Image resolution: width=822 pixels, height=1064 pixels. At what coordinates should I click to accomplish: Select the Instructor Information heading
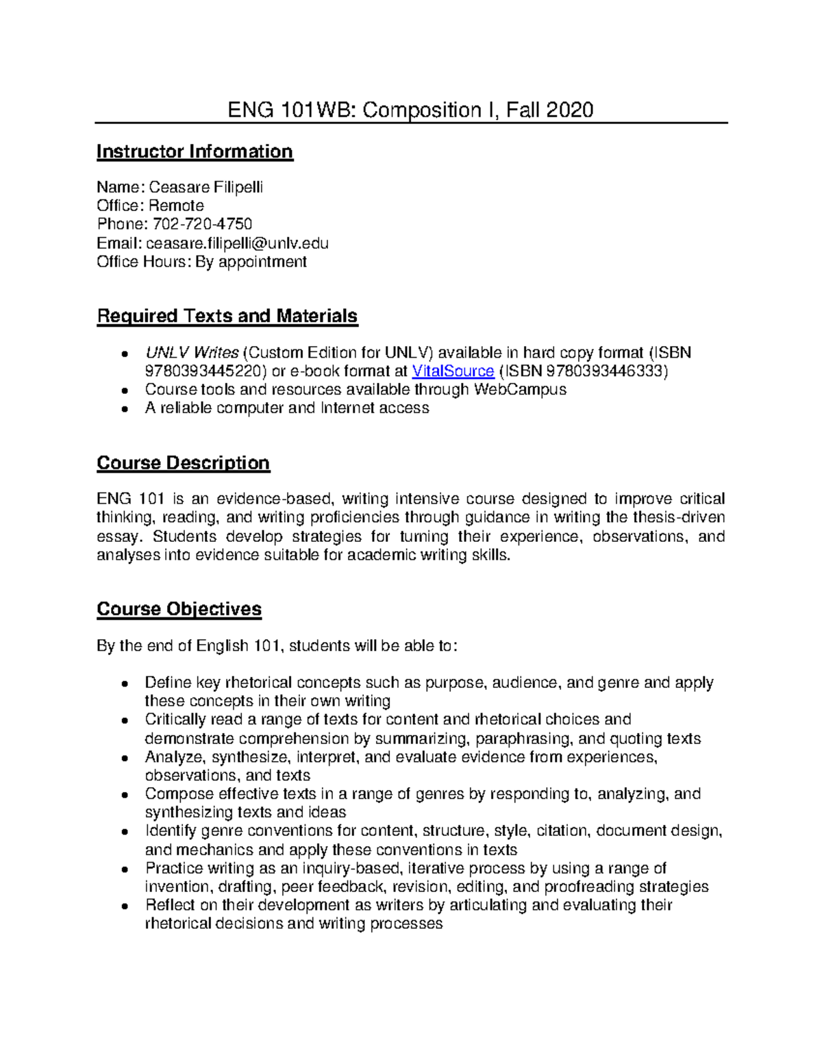[x=195, y=151]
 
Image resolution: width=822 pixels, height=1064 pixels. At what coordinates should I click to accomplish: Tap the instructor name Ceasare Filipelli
[x=206, y=187]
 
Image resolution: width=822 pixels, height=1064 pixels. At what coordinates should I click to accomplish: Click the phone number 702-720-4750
[x=202, y=224]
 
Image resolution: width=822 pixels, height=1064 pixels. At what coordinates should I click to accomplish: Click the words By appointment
[x=251, y=261]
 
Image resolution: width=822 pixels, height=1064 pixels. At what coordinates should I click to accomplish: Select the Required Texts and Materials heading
[x=227, y=316]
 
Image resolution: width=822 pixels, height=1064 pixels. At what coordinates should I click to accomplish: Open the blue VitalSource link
[x=453, y=371]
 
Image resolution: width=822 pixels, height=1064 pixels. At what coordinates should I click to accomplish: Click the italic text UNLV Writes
[x=191, y=352]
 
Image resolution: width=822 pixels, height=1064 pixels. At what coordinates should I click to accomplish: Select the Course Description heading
[x=183, y=463]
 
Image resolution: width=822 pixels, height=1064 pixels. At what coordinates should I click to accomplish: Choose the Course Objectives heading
[x=179, y=609]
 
